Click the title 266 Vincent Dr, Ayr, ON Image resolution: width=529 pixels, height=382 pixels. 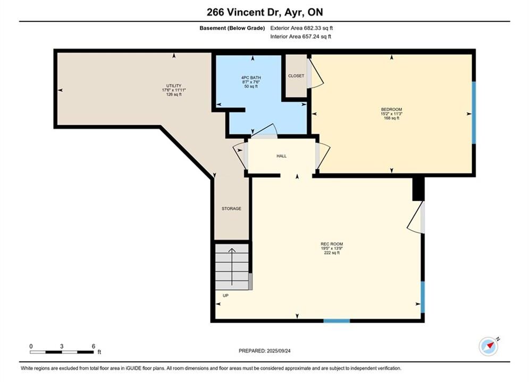265,12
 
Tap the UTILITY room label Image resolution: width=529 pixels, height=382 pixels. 174,86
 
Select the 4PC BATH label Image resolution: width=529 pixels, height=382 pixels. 251,78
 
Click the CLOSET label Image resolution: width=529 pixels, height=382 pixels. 296,76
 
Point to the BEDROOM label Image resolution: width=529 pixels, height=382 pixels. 391,109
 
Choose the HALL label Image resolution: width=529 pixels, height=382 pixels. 281,156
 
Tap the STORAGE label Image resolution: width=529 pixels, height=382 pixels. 231,209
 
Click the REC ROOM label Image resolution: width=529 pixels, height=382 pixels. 332,244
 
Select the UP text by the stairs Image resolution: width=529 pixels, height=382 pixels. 225,296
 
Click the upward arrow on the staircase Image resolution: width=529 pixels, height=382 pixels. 232,266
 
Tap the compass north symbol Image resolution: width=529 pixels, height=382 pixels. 489,346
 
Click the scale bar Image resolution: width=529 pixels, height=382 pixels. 62,352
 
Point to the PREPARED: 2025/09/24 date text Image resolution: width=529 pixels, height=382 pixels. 265,351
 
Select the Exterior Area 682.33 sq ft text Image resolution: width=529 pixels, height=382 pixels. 301,28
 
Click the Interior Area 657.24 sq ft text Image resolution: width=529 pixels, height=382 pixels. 300,37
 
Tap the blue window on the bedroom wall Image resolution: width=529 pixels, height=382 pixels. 474,113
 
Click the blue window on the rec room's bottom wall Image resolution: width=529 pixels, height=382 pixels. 337,321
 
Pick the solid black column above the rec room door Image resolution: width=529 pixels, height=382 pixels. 418,189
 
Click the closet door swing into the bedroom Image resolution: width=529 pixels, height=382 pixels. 315,72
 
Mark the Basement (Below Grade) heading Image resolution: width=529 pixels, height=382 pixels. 232,28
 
